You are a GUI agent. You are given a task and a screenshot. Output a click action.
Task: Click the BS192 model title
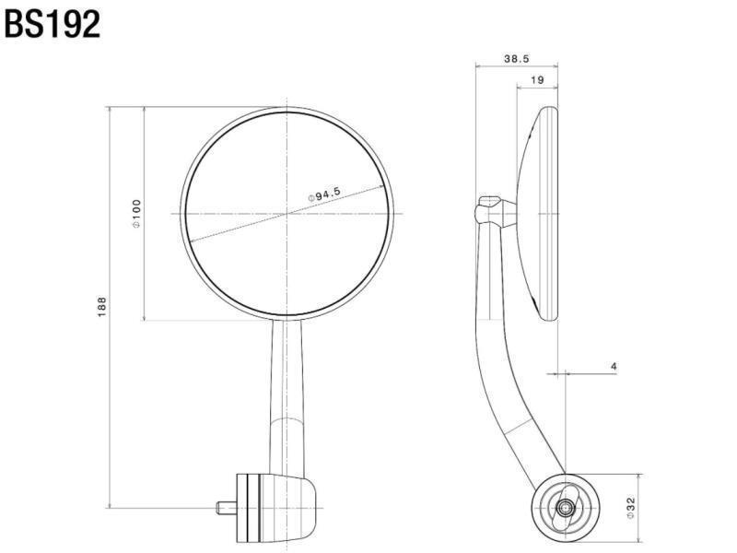pos(53,24)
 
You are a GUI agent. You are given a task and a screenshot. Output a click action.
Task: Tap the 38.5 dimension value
pos(517,59)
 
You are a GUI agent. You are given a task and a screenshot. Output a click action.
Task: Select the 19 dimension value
pos(537,80)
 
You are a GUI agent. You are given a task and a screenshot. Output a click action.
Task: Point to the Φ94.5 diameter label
pos(324,194)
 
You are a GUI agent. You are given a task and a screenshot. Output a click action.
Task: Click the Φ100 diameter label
pos(136,214)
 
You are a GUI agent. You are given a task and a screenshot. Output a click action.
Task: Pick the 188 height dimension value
pos(102,307)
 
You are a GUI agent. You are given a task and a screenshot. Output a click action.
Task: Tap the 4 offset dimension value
pos(614,366)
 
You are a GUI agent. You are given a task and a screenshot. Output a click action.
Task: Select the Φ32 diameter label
pos(631,508)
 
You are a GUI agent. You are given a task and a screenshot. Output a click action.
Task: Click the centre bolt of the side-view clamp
pos(565,507)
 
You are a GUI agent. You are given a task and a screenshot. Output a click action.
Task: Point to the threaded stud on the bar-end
pos(226,508)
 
